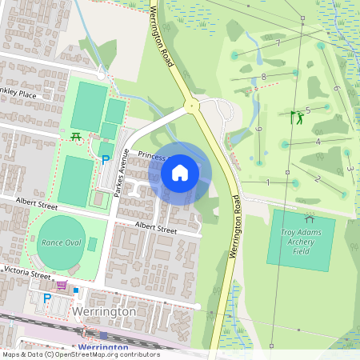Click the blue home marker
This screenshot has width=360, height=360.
coord(180,172)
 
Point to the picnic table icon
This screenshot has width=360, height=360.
coord(75,136)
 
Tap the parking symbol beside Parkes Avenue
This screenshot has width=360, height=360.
coord(105,160)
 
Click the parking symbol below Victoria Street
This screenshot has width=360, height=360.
coord(46,298)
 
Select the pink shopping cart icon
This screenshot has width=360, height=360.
coord(62,284)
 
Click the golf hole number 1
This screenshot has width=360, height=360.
coord(267,182)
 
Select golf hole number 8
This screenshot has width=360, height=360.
coord(263,77)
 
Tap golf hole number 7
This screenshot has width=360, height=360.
coord(278,42)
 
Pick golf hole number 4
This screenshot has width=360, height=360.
coord(318,142)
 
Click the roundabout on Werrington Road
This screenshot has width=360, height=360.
coord(190,106)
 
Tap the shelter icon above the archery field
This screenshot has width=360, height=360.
coord(309,218)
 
